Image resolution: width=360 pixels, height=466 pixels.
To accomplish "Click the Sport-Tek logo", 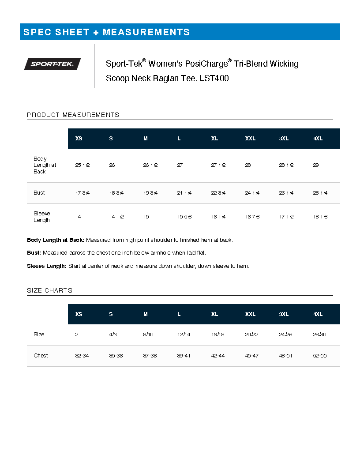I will point(52,64).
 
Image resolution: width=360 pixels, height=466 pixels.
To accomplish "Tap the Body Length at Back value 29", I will point(316,165).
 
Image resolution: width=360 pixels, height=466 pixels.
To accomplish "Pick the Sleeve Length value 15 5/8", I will point(184,217).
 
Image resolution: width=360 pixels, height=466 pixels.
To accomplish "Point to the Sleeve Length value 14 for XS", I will point(78,217).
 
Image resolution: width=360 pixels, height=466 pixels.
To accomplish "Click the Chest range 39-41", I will point(184,356).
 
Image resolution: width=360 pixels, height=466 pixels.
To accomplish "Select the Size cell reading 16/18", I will point(217,334).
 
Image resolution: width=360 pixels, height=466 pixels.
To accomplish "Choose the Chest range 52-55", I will point(319,356).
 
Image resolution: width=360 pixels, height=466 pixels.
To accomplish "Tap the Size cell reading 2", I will point(77,334).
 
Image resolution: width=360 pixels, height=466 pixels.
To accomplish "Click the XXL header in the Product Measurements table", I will point(250,139).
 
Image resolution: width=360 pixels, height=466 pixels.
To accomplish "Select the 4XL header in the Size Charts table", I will point(318,314).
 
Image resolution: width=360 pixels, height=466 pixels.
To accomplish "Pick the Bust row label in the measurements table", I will point(39,193).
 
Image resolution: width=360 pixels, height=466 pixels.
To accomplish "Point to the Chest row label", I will point(41,356).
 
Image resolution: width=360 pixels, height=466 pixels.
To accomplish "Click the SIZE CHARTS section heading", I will point(49,290).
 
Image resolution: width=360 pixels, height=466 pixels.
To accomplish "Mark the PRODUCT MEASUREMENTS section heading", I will point(73,115).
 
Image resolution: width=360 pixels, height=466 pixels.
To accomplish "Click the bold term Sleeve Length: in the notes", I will point(47,266).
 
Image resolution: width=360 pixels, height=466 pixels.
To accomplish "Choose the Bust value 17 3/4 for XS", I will point(82,193).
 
